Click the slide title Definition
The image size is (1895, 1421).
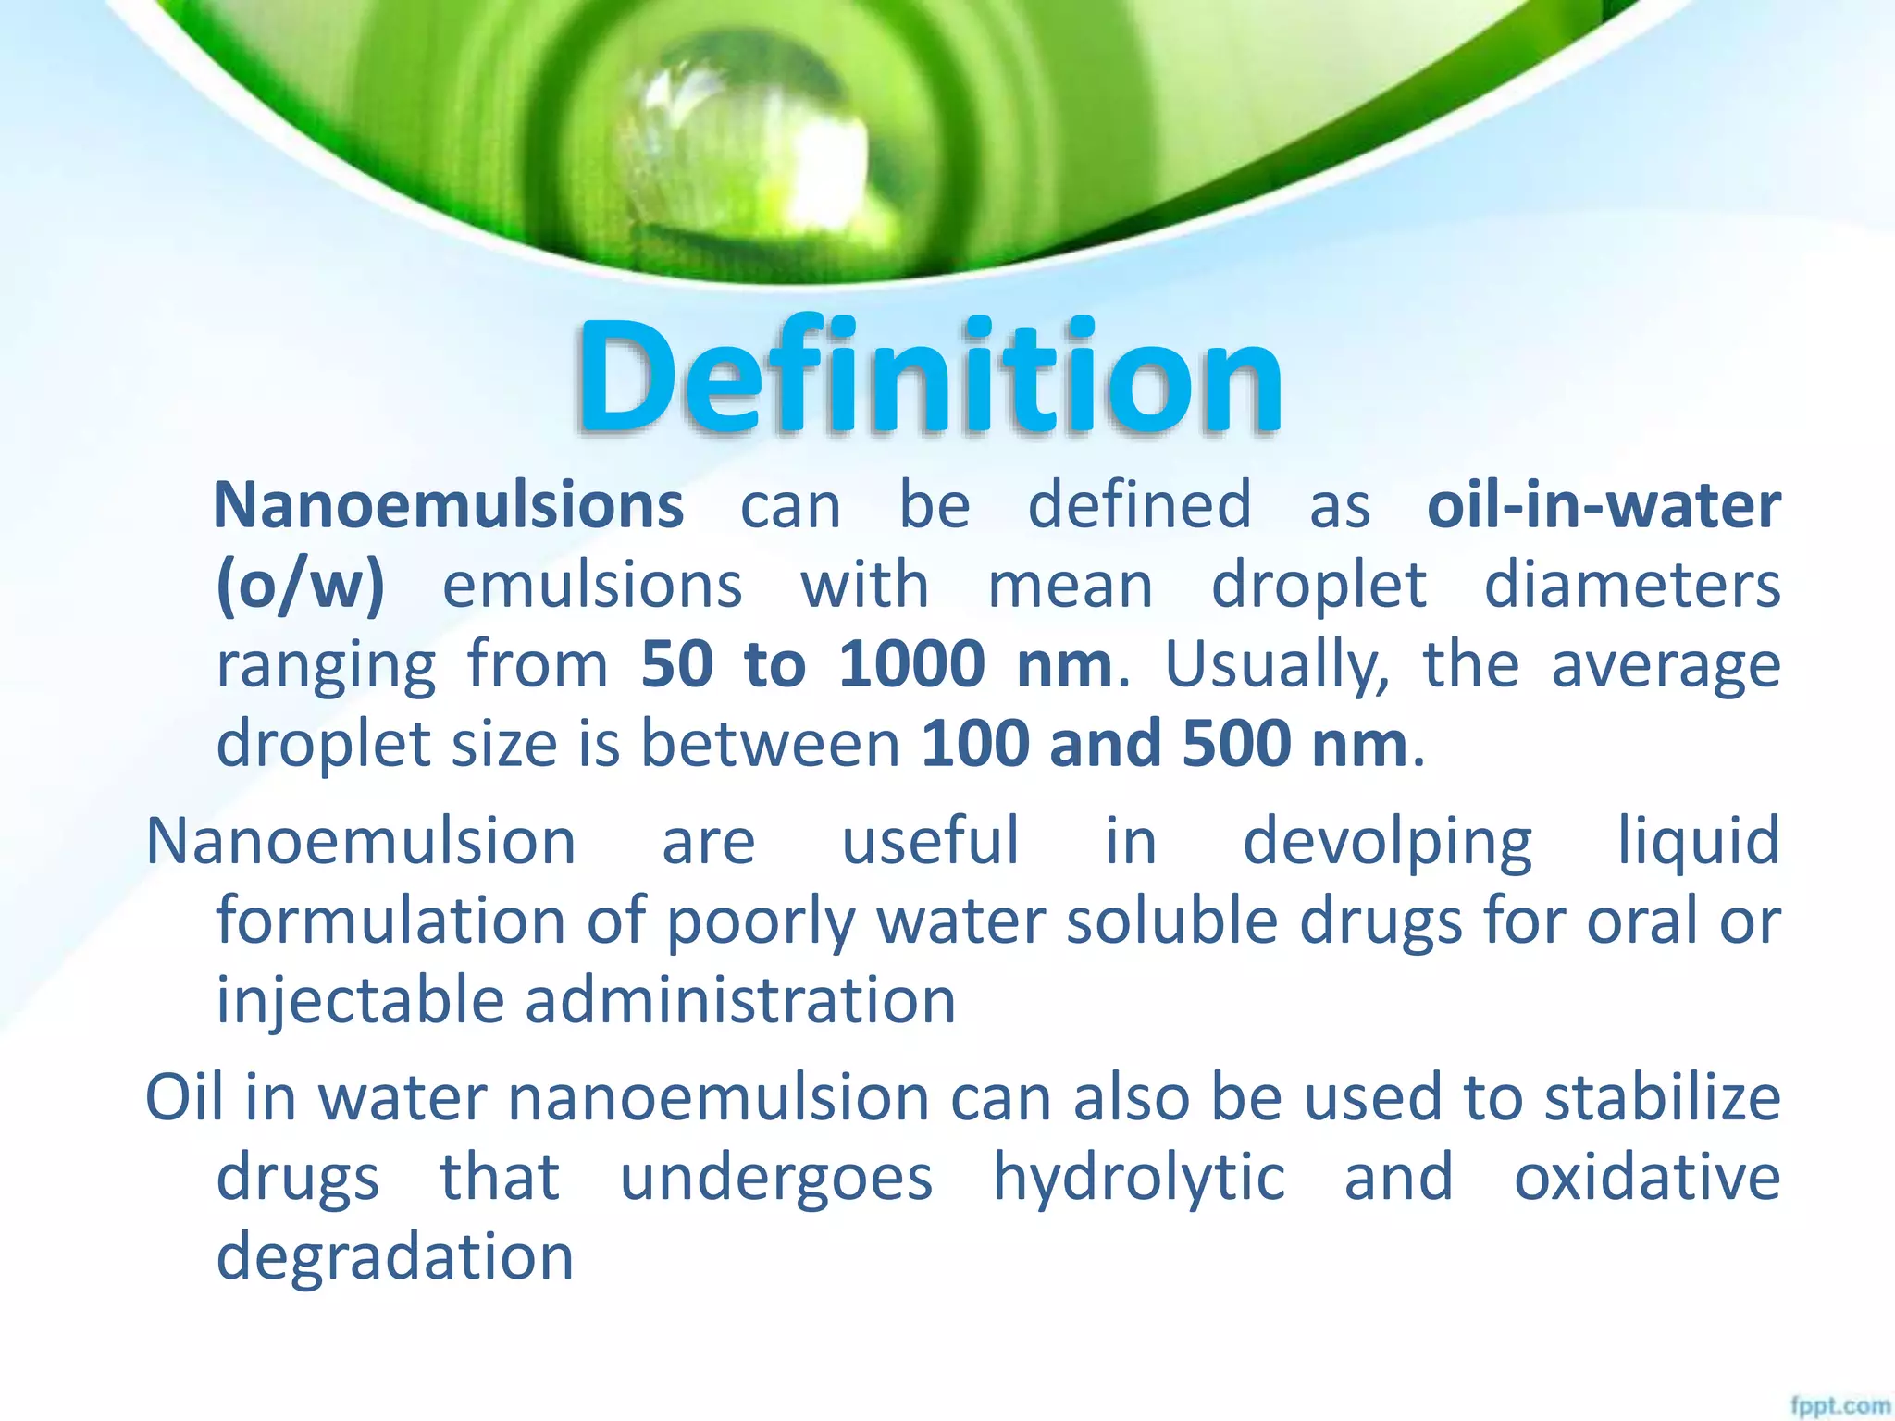[x=929, y=377]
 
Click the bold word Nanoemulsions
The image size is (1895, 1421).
[x=449, y=505]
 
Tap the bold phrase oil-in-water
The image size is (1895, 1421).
[x=1604, y=505]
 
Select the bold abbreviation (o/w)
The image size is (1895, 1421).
[x=300, y=587]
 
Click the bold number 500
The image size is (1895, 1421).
[x=1236, y=743]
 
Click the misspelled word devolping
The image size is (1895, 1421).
[x=1386, y=842]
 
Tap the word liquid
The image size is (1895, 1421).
[x=1698, y=842]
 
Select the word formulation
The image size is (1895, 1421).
[x=391, y=921]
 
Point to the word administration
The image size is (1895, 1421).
[x=740, y=1001]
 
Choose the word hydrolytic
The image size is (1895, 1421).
[x=1138, y=1179]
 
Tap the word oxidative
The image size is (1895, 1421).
[x=1647, y=1177]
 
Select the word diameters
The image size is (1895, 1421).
[x=1632, y=587]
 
